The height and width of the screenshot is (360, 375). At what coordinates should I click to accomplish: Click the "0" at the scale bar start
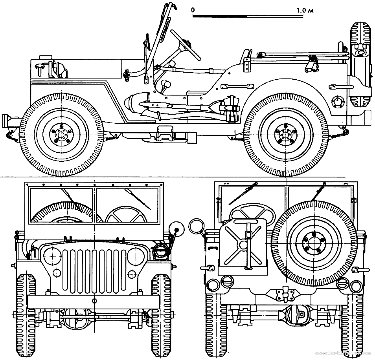193,10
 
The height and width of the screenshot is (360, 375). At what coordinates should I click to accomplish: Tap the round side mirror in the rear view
195,226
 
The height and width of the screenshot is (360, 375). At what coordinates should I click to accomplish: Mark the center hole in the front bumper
95,301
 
